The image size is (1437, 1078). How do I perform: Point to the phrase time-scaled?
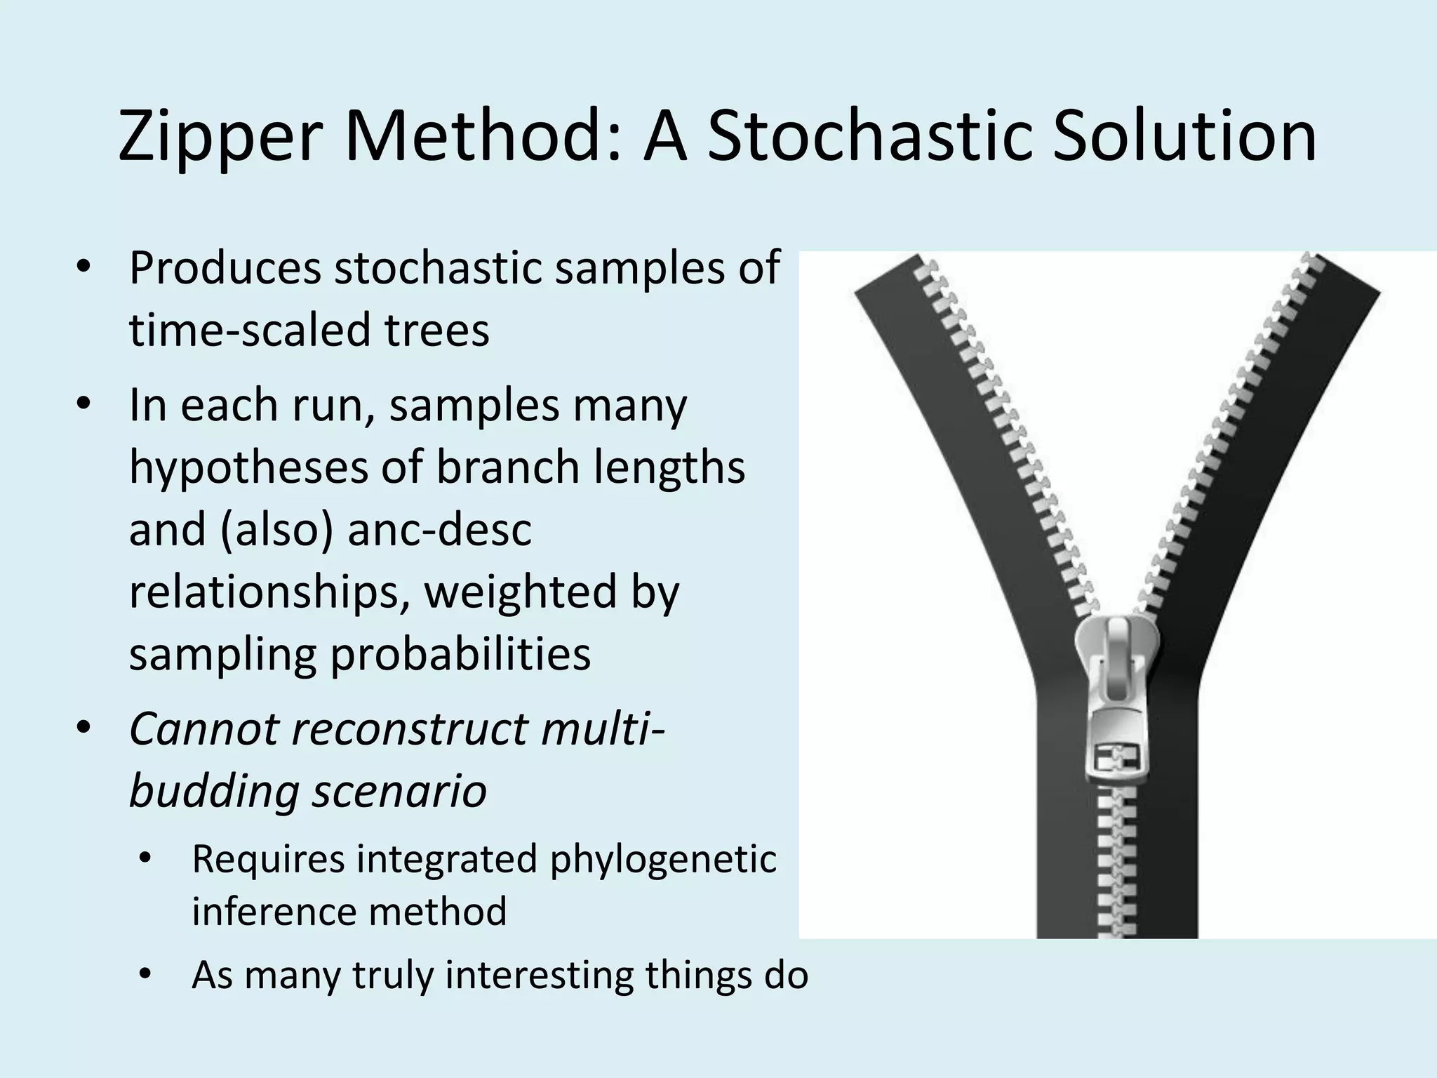[x=250, y=330]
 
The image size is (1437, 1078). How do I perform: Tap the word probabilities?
[x=460, y=654]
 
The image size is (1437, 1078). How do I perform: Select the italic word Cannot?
[x=203, y=728]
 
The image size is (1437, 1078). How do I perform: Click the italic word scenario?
[x=399, y=791]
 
